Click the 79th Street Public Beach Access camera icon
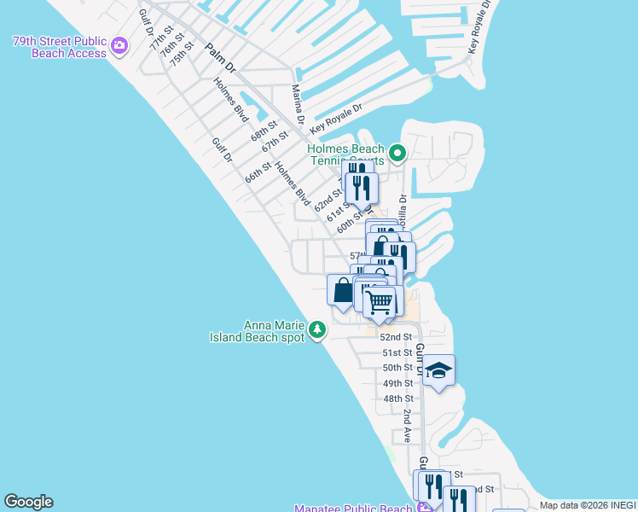tap(119, 44)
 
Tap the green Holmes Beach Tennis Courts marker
tap(397, 154)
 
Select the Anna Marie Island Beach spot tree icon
tap(317, 330)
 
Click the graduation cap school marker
tap(438, 370)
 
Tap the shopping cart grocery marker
tap(380, 301)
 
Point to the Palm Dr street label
tap(219, 57)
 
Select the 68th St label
tap(264, 132)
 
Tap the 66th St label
tap(258, 171)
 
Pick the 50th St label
tap(397, 368)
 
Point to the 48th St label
tap(398, 399)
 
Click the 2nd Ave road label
tap(408, 424)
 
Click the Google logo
tap(28, 502)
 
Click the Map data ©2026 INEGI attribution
tap(588, 505)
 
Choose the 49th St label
tap(397, 383)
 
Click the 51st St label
tap(397, 352)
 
